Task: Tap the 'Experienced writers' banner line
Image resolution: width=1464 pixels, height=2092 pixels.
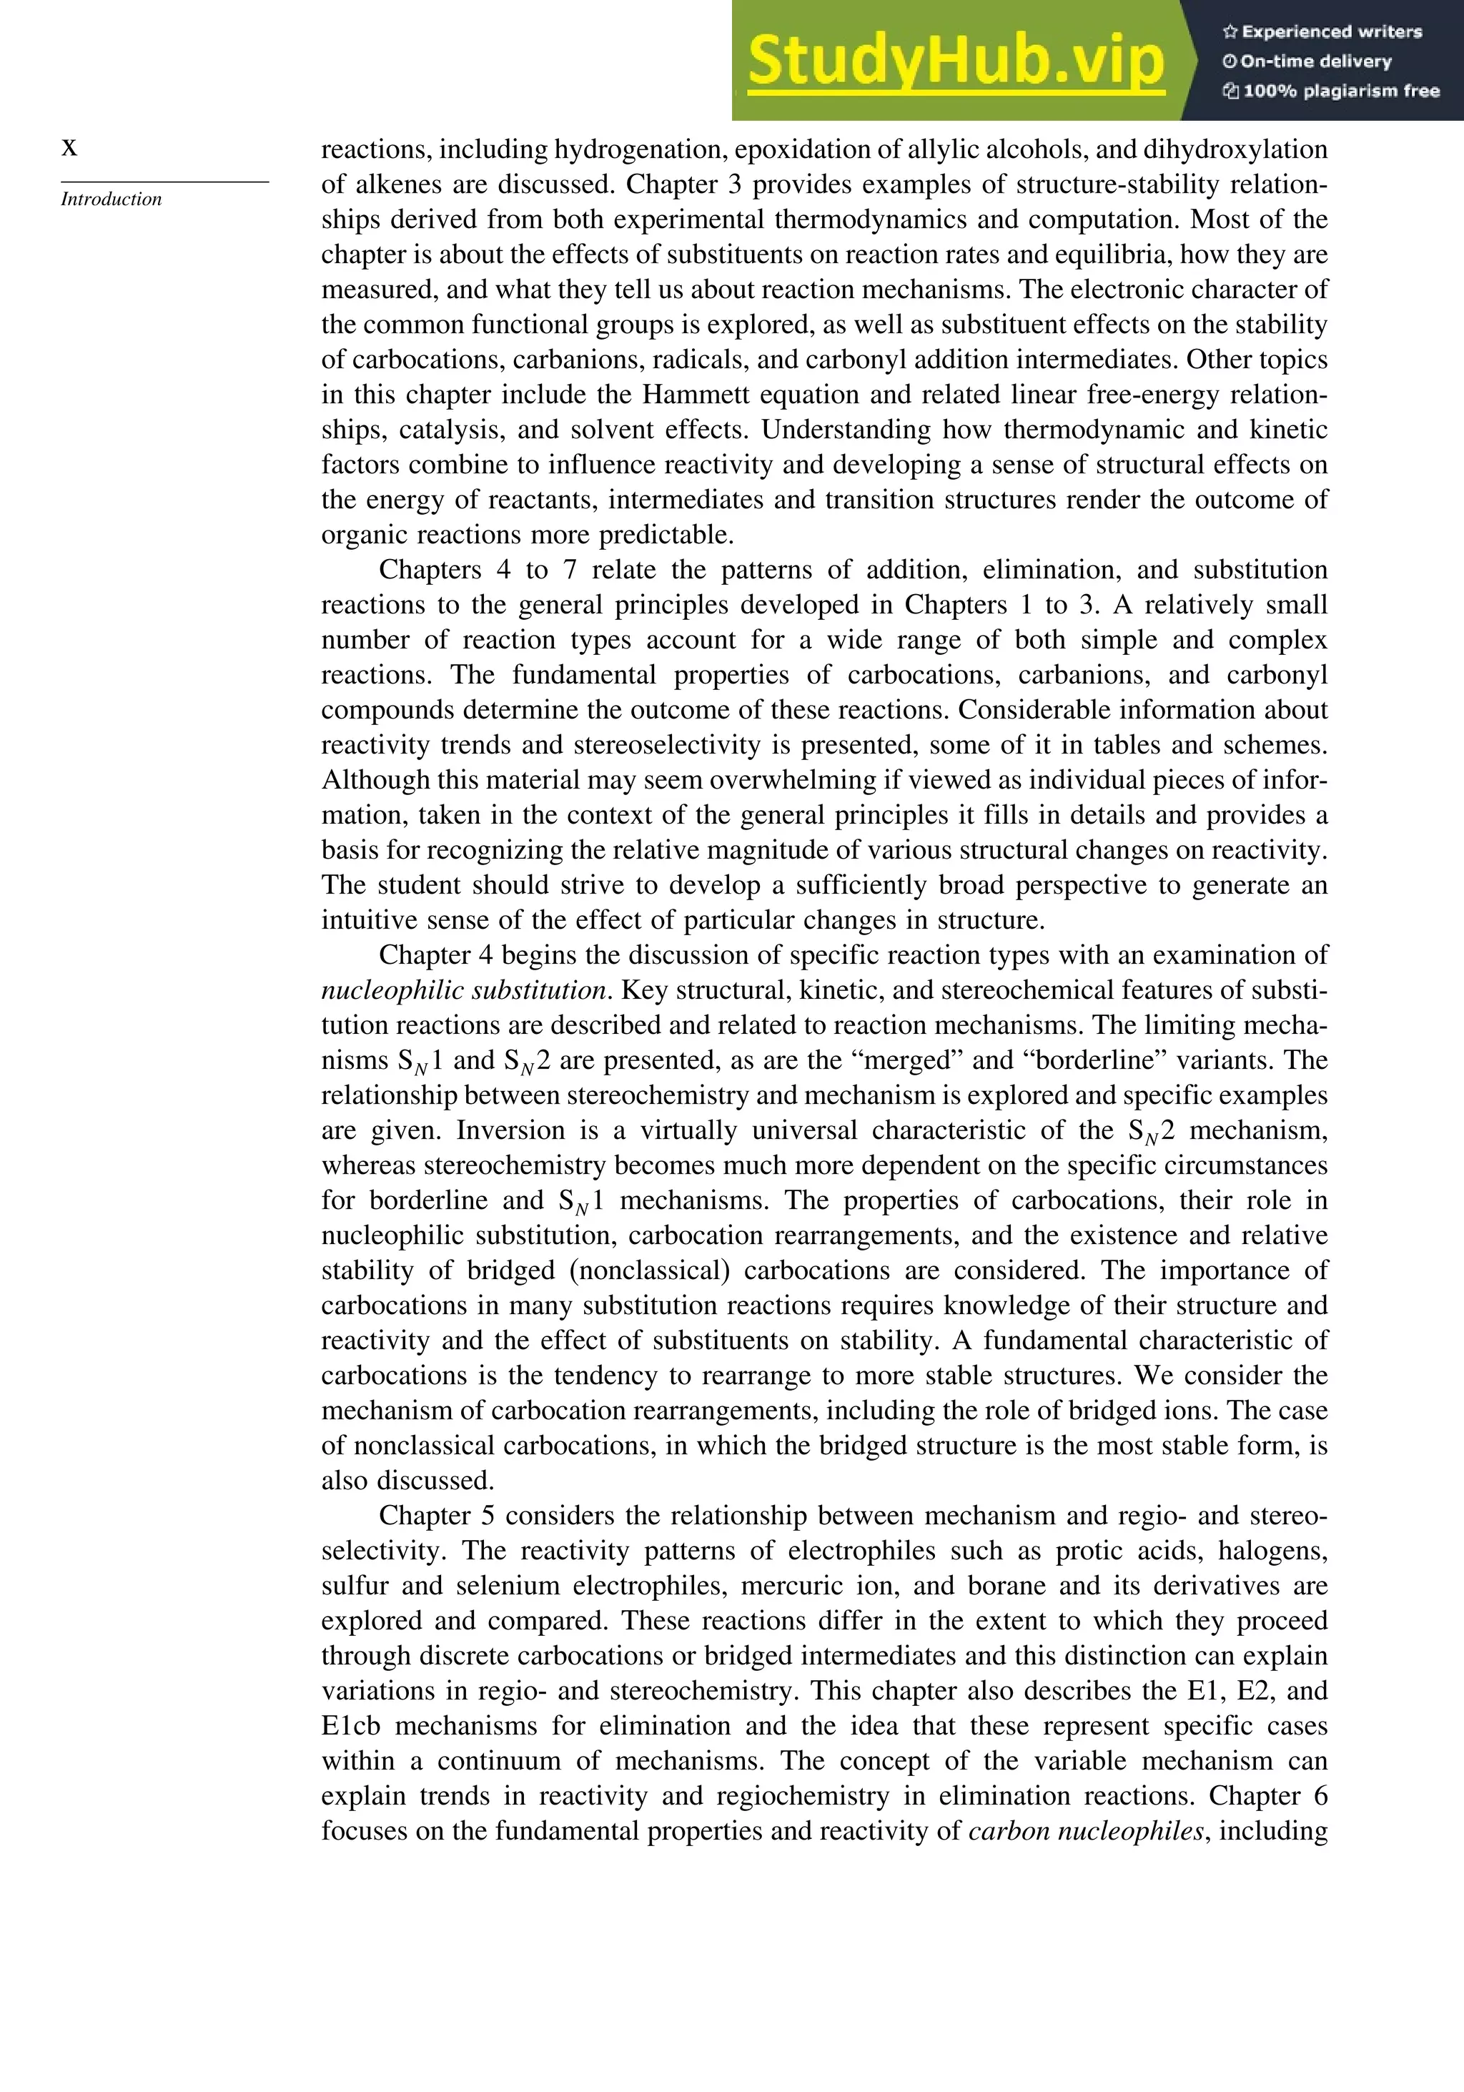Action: click(1322, 32)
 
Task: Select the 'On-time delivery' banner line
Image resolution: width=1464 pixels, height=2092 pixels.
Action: click(1307, 61)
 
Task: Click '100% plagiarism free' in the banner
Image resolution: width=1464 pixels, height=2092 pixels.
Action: click(1331, 90)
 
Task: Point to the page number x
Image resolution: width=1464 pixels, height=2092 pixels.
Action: click(69, 147)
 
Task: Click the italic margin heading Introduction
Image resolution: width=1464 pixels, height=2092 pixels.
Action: click(111, 199)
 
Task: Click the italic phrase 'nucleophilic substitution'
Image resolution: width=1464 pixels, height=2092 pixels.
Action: click(464, 990)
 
